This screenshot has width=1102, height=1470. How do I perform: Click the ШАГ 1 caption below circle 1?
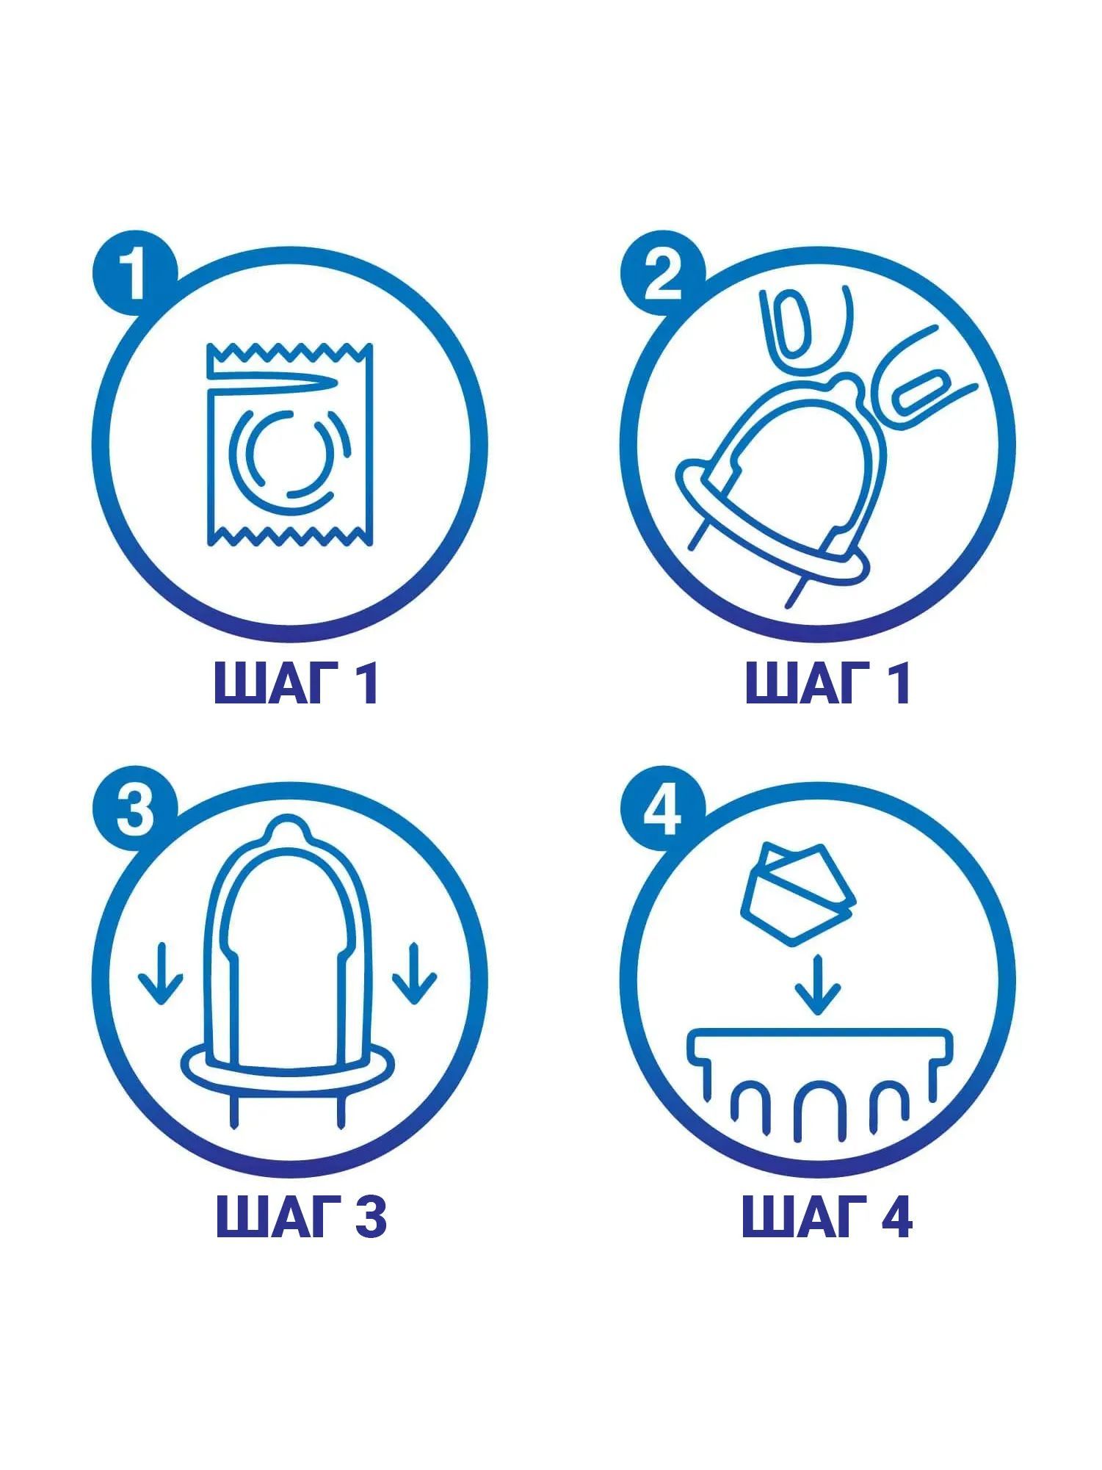pos(297,683)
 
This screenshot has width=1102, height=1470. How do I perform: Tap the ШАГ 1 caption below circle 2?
pos(828,683)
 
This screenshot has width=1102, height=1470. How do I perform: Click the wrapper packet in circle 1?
pos(289,443)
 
